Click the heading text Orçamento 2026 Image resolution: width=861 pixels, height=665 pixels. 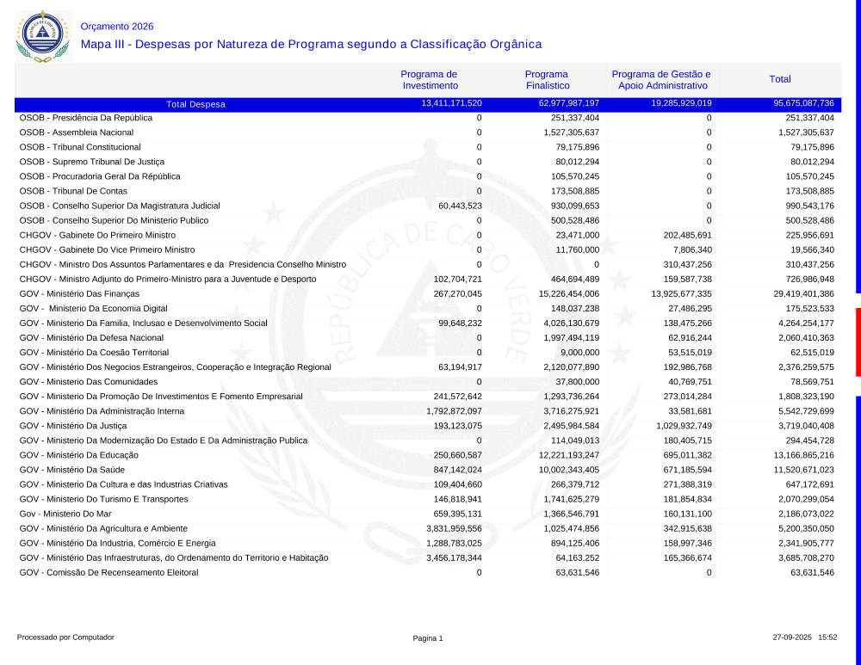117,27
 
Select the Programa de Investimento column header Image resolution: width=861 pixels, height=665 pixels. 430,80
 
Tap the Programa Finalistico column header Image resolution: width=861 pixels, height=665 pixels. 547,80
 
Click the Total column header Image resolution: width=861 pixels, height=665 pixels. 780,79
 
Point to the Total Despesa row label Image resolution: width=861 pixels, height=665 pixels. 195,104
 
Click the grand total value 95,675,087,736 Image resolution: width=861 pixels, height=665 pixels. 798,103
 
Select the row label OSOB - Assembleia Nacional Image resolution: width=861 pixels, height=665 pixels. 77,132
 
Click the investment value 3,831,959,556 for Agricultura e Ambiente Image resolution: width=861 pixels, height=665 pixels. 454,528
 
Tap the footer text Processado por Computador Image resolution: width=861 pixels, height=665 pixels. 65,637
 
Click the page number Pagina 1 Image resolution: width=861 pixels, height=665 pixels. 428,638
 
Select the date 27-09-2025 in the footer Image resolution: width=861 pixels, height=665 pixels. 792,637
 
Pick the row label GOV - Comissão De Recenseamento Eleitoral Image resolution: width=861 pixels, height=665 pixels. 108,572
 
